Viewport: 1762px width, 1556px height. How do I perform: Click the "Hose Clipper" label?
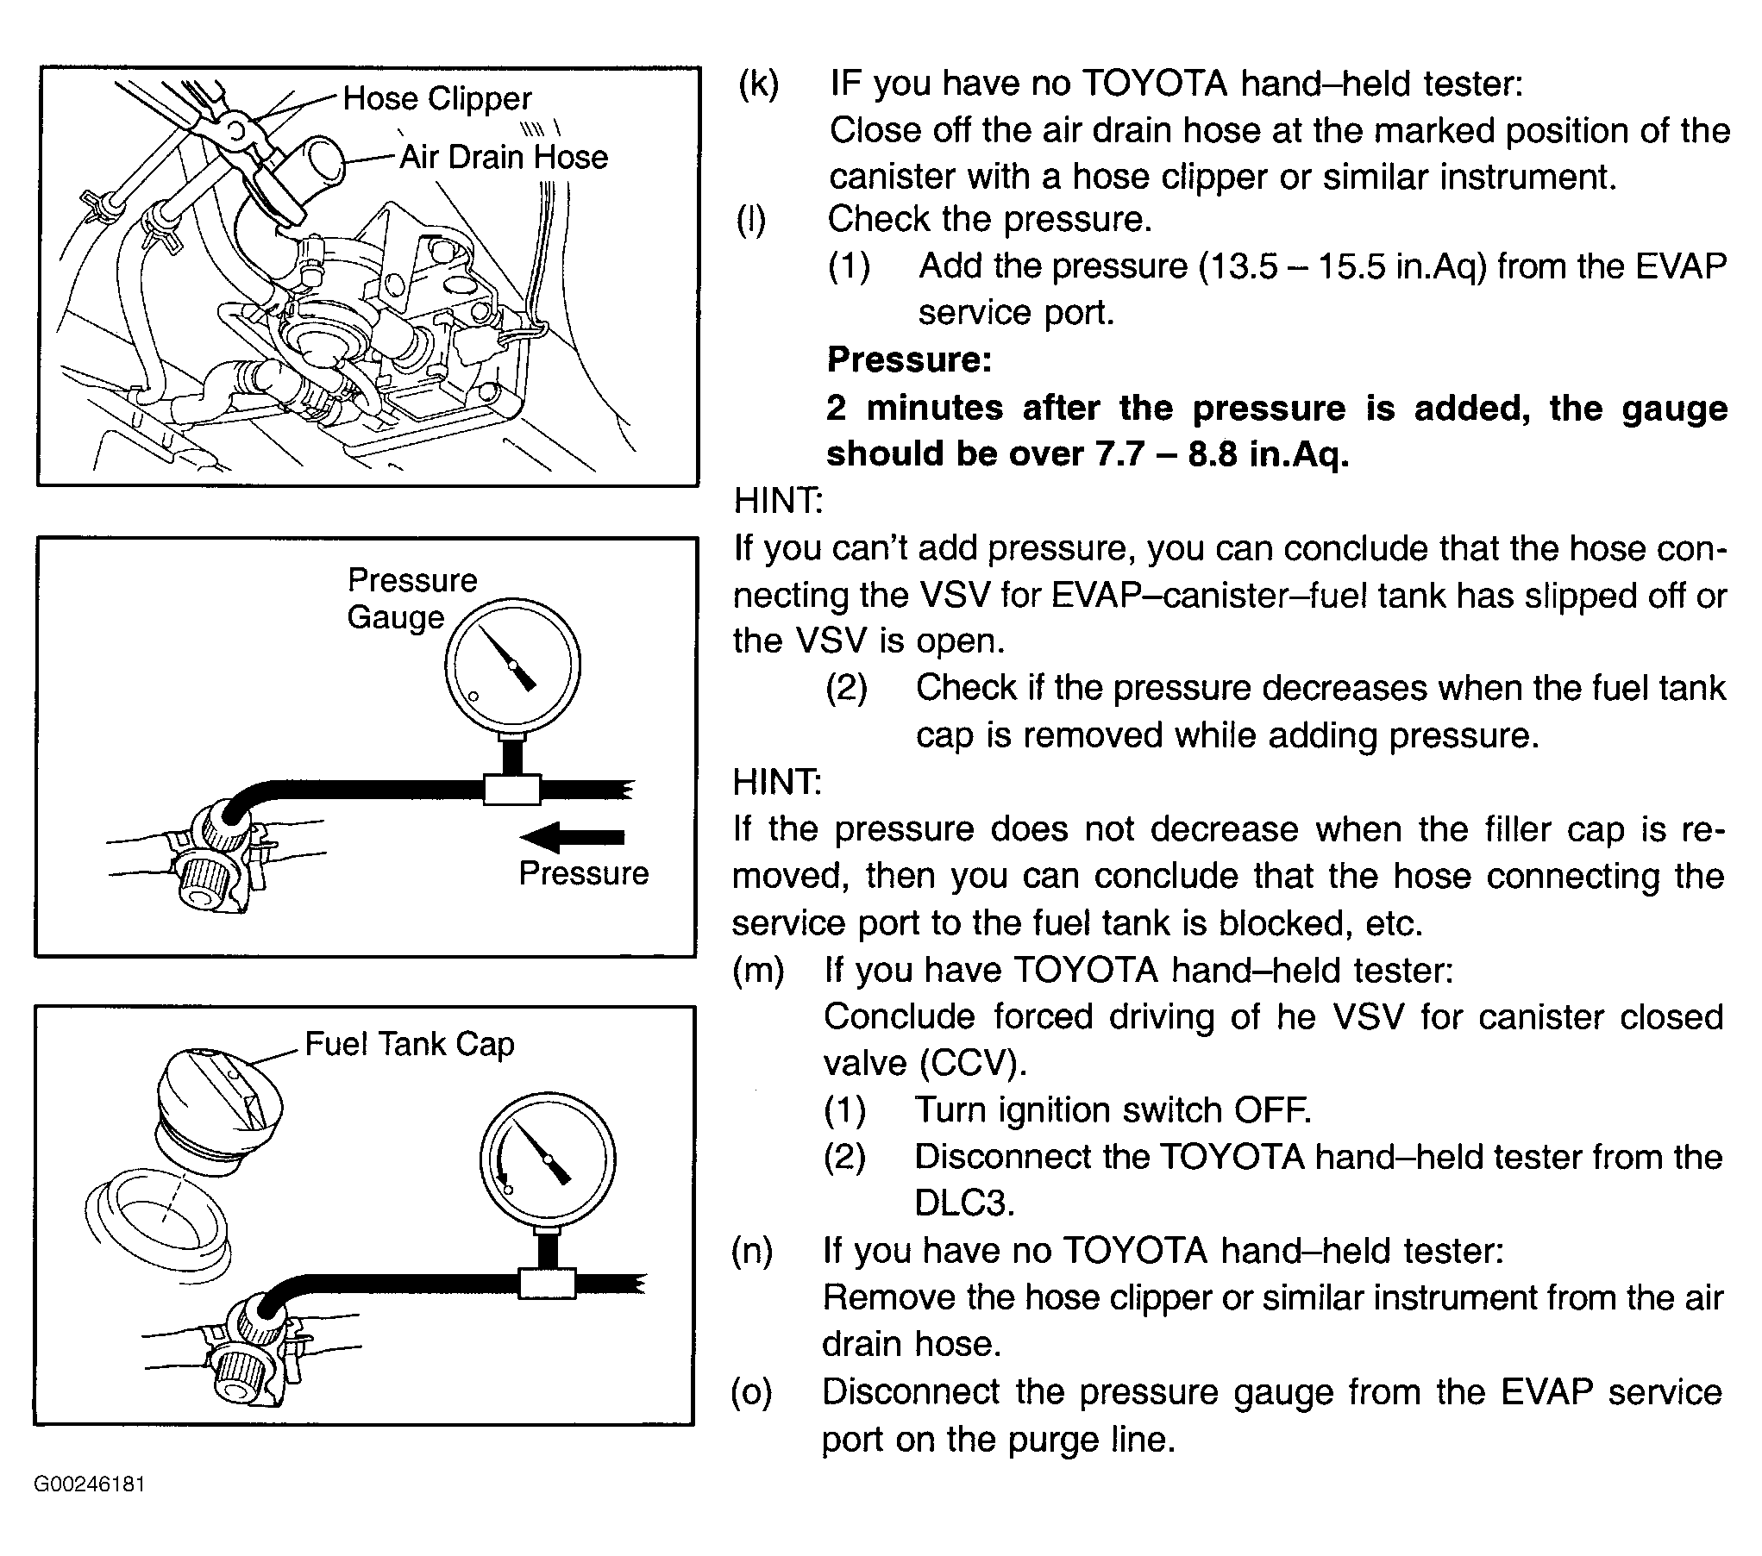coord(436,98)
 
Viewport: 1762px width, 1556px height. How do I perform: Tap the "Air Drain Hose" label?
coord(504,157)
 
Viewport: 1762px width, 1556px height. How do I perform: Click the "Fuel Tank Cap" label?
coord(410,1044)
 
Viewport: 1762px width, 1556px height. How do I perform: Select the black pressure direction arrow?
coord(572,836)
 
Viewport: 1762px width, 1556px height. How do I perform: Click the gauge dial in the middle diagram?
coord(512,665)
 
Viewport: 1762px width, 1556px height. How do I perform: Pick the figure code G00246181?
coord(90,1484)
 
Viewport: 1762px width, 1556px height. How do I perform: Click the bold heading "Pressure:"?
coord(909,359)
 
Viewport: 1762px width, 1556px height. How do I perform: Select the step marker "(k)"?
coord(758,84)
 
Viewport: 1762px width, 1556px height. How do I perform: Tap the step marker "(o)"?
coord(752,1391)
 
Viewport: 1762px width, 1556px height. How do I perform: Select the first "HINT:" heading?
coord(778,500)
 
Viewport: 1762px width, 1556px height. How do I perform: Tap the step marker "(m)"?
coord(758,971)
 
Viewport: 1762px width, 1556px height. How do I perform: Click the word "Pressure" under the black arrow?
coord(583,873)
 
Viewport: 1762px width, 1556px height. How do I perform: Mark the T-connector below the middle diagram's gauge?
coord(511,788)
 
